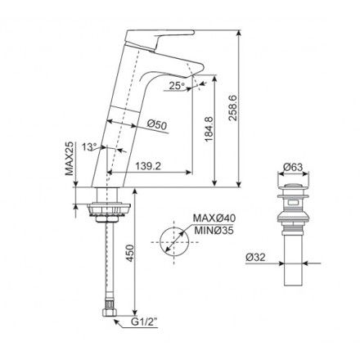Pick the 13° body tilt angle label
[90, 146]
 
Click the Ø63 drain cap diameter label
[293, 168]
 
